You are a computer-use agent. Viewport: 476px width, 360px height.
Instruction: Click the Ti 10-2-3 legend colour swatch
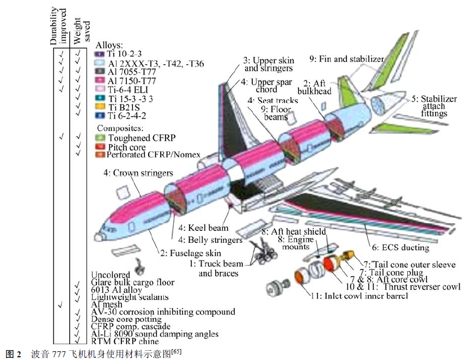pyautogui.click(x=100, y=54)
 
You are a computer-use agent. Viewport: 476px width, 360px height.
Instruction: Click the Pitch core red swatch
pyautogui.click(x=100, y=147)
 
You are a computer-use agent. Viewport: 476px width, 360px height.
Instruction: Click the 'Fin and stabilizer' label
pyautogui.click(x=347, y=59)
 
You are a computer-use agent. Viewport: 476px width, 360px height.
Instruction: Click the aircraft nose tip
pyautogui.click(x=97, y=237)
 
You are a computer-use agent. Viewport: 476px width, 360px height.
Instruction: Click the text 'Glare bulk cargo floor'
pyautogui.click(x=133, y=283)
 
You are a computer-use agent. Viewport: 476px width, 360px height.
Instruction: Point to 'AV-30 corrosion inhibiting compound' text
pyautogui.click(x=163, y=312)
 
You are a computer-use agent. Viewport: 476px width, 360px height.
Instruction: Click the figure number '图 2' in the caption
pyautogui.click(x=13, y=353)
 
